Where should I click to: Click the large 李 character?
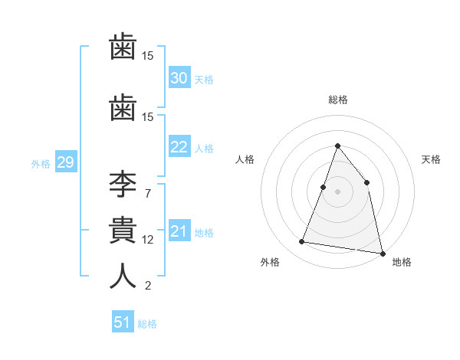click(123, 186)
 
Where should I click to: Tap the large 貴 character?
click(123, 231)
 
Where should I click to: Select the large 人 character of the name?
click(123, 277)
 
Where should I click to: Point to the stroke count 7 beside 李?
click(148, 194)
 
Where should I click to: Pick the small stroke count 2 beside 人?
click(148, 286)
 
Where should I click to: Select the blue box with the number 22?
click(179, 147)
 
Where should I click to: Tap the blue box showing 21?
click(179, 231)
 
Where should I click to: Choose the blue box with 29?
click(65, 162)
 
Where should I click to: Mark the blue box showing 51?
click(123, 322)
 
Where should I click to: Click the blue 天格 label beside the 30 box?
click(204, 80)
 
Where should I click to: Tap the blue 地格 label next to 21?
click(204, 233)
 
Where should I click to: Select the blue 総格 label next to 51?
click(147, 324)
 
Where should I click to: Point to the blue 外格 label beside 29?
click(41, 164)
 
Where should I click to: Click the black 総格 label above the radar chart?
click(337, 100)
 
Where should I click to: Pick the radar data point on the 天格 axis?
click(367, 182)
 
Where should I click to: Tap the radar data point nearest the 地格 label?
click(381, 252)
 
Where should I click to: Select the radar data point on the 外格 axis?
click(302, 242)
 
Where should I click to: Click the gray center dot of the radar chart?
click(337, 191)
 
